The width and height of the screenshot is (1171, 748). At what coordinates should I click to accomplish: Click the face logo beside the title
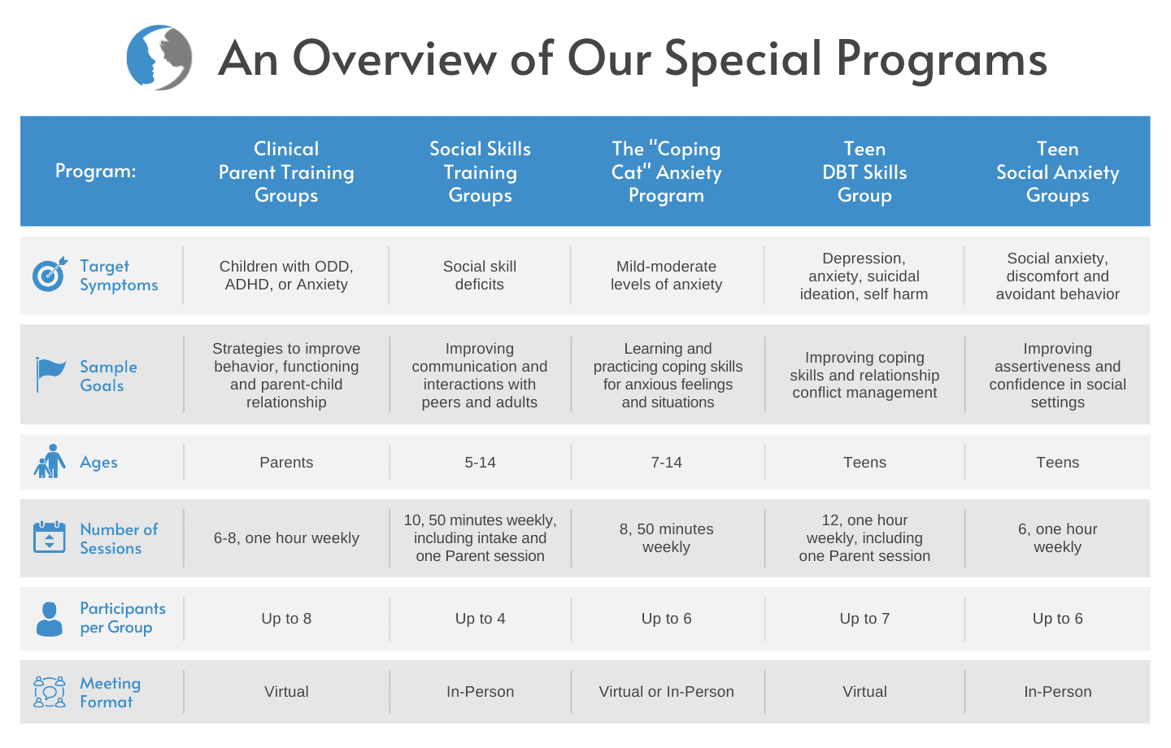pyautogui.click(x=159, y=58)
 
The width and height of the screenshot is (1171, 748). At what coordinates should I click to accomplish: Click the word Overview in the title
pyautogui.click(x=394, y=58)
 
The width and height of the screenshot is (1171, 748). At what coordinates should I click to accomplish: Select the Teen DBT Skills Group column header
pyautogui.click(x=864, y=172)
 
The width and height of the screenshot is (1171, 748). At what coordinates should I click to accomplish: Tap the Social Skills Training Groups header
pyautogui.click(x=480, y=172)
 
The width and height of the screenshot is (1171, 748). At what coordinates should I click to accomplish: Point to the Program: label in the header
pyautogui.click(x=96, y=171)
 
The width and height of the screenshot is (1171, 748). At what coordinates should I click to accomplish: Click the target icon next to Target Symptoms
pyautogui.click(x=50, y=274)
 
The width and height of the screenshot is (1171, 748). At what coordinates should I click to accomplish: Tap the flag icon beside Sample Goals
pyautogui.click(x=50, y=375)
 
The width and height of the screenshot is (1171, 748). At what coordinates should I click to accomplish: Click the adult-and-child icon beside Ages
pyautogui.click(x=50, y=461)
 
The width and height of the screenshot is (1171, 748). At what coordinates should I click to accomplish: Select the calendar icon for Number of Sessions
pyautogui.click(x=49, y=537)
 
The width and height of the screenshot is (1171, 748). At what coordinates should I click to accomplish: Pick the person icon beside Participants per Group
pyautogui.click(x=49, y=619)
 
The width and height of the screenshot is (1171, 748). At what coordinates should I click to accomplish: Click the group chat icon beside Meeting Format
pyautogui.click(x=49, y=692)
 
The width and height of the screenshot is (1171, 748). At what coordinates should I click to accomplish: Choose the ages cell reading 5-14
pyautogui.click(x=480, y=462)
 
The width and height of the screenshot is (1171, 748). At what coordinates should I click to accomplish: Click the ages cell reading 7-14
pyautogui.click(x=666, y=462)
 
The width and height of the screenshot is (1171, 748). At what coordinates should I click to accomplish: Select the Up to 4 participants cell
pyautogui.click(x=480, y=619)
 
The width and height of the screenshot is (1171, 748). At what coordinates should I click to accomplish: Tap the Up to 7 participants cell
pyautogui.click(x=864, y=619)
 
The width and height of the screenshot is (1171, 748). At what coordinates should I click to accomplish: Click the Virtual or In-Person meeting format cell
pyautogui.click(x=666, y=692)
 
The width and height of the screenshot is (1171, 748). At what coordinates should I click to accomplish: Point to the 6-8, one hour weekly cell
pyautogui.click(x=286, y=538)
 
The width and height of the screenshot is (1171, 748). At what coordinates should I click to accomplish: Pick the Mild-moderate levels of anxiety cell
pyautogui.click(x=666, y=275)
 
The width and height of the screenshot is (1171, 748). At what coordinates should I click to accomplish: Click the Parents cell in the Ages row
pyautogui.click(x=286, y=462)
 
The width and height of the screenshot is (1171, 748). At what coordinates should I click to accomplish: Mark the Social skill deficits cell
pyautogui.click(x=480, y=275)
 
